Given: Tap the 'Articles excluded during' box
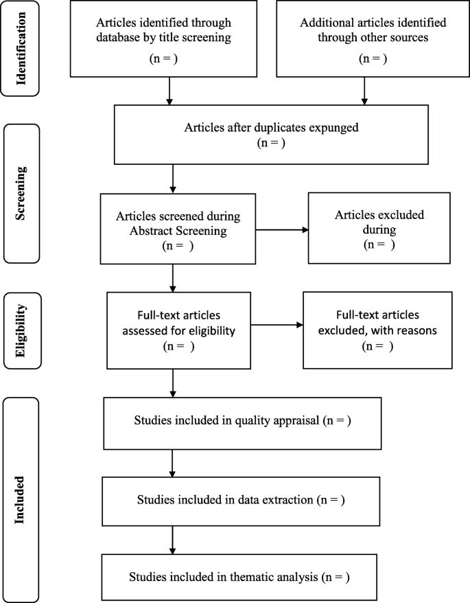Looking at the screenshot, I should point(379,228).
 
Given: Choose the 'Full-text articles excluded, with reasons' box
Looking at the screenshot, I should point(377,330).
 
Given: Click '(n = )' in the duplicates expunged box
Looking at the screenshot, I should point(270,143).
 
